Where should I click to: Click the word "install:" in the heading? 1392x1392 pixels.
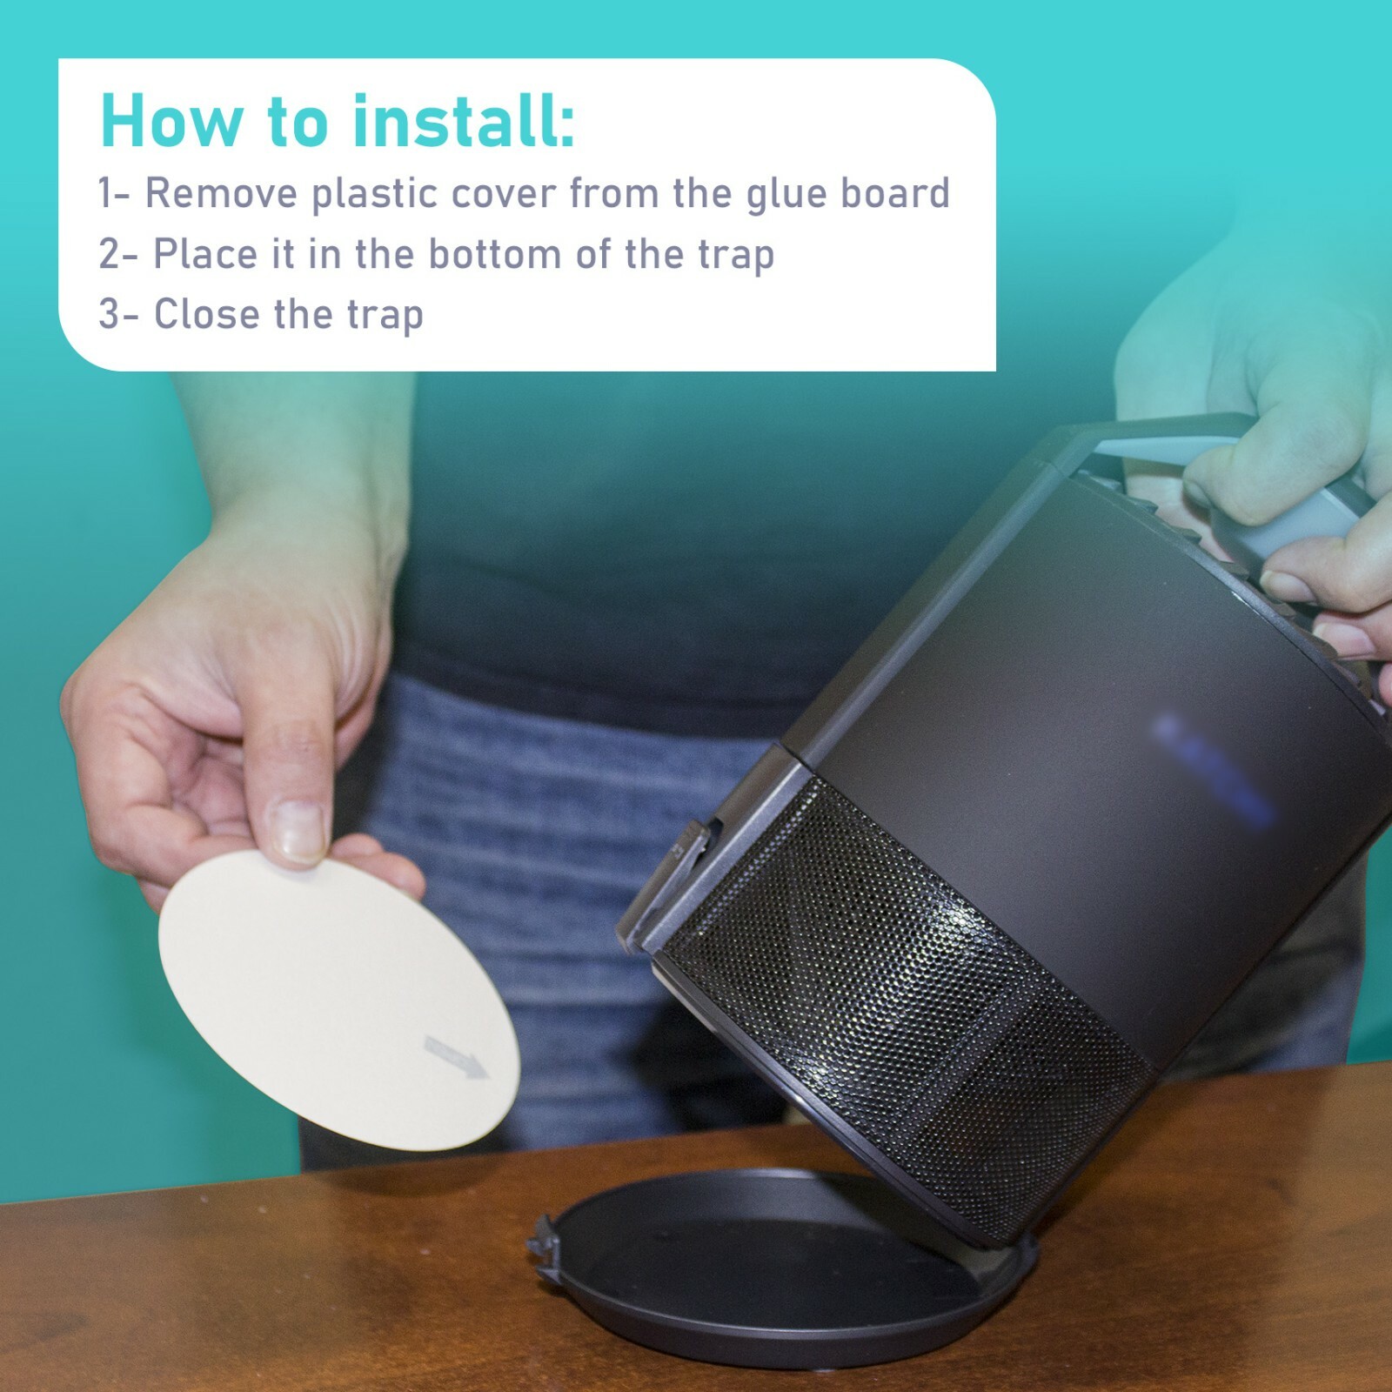[x=463, y=121]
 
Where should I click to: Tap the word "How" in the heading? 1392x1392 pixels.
[x=170, y=121]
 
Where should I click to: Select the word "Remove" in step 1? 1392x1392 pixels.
[x=221, y=193]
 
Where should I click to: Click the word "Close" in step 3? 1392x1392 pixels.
[x=206, y=314]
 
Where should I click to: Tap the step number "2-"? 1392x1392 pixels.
[x=117, y=254]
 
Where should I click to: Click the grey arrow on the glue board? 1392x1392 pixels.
[x=457, y=1056]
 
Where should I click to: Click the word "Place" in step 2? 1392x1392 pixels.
[x=205, y=254]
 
